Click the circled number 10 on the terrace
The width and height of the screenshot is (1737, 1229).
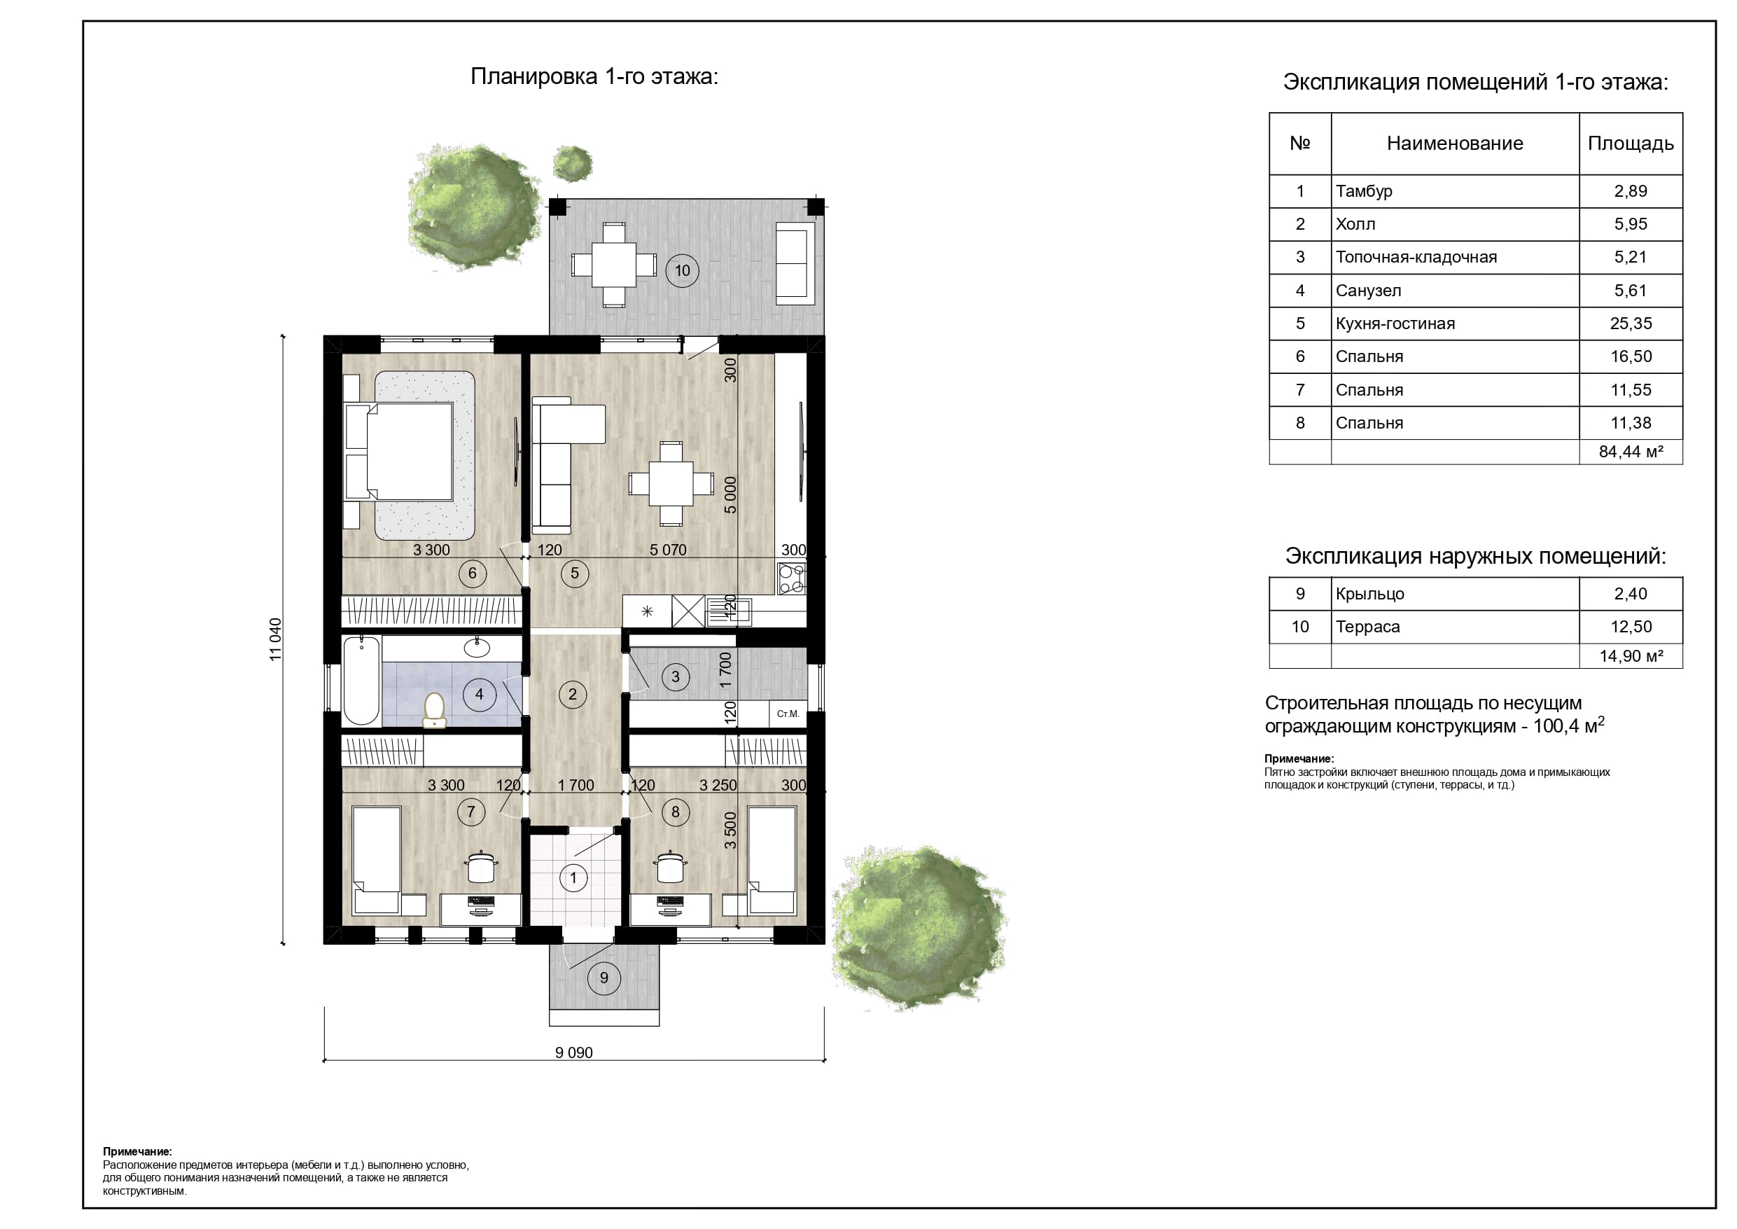(682, 270)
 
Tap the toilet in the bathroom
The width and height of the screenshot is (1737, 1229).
(434, 711)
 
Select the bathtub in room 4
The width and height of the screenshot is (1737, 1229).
(362, 681)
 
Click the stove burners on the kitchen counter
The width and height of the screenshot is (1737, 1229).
(792, 579)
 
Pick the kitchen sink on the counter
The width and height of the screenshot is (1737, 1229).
(730, 611)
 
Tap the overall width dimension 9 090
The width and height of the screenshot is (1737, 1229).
(574, 1052)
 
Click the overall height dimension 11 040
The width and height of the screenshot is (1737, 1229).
(275, 639)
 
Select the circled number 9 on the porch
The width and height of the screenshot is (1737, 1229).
(604, 978)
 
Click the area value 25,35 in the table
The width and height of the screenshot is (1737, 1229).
(1631, 323)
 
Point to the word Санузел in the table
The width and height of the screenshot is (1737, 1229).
(1368, 290)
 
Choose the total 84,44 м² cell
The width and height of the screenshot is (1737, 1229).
(1631, 452)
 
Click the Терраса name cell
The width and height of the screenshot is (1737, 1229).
(1368, 627)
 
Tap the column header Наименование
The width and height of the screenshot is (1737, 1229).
(1455, 143)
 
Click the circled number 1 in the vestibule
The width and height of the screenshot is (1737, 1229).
(573, 878)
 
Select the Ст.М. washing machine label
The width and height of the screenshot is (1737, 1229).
(788, 714)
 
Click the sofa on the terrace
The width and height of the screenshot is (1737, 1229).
(796, 263)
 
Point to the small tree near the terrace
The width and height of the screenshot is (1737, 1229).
(572, 162)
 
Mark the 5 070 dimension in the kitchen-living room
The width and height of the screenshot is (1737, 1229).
(668, 550)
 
